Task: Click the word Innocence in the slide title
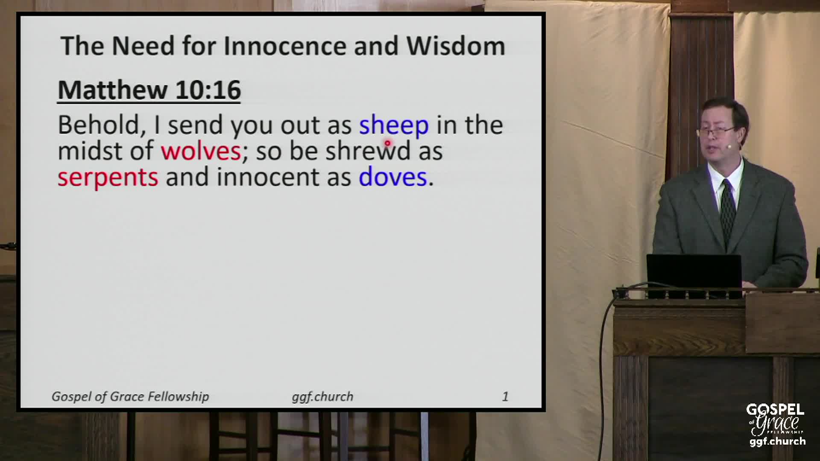(x=285, y=46)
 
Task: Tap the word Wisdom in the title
(x=456, y=46)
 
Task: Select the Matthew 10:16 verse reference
(x=149, y=90)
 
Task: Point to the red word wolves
(x=201, y=151)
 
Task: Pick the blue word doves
(x=393, y=177)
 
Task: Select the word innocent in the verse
(x=268, y=177)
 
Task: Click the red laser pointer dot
(x=387, y=143)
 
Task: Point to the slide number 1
(x=505, y=397)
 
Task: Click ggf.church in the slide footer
(x=322, y=397)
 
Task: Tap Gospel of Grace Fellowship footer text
(x=130, y=397)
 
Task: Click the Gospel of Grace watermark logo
(x=776, y=425)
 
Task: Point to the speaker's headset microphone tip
(x=729, y=146)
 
